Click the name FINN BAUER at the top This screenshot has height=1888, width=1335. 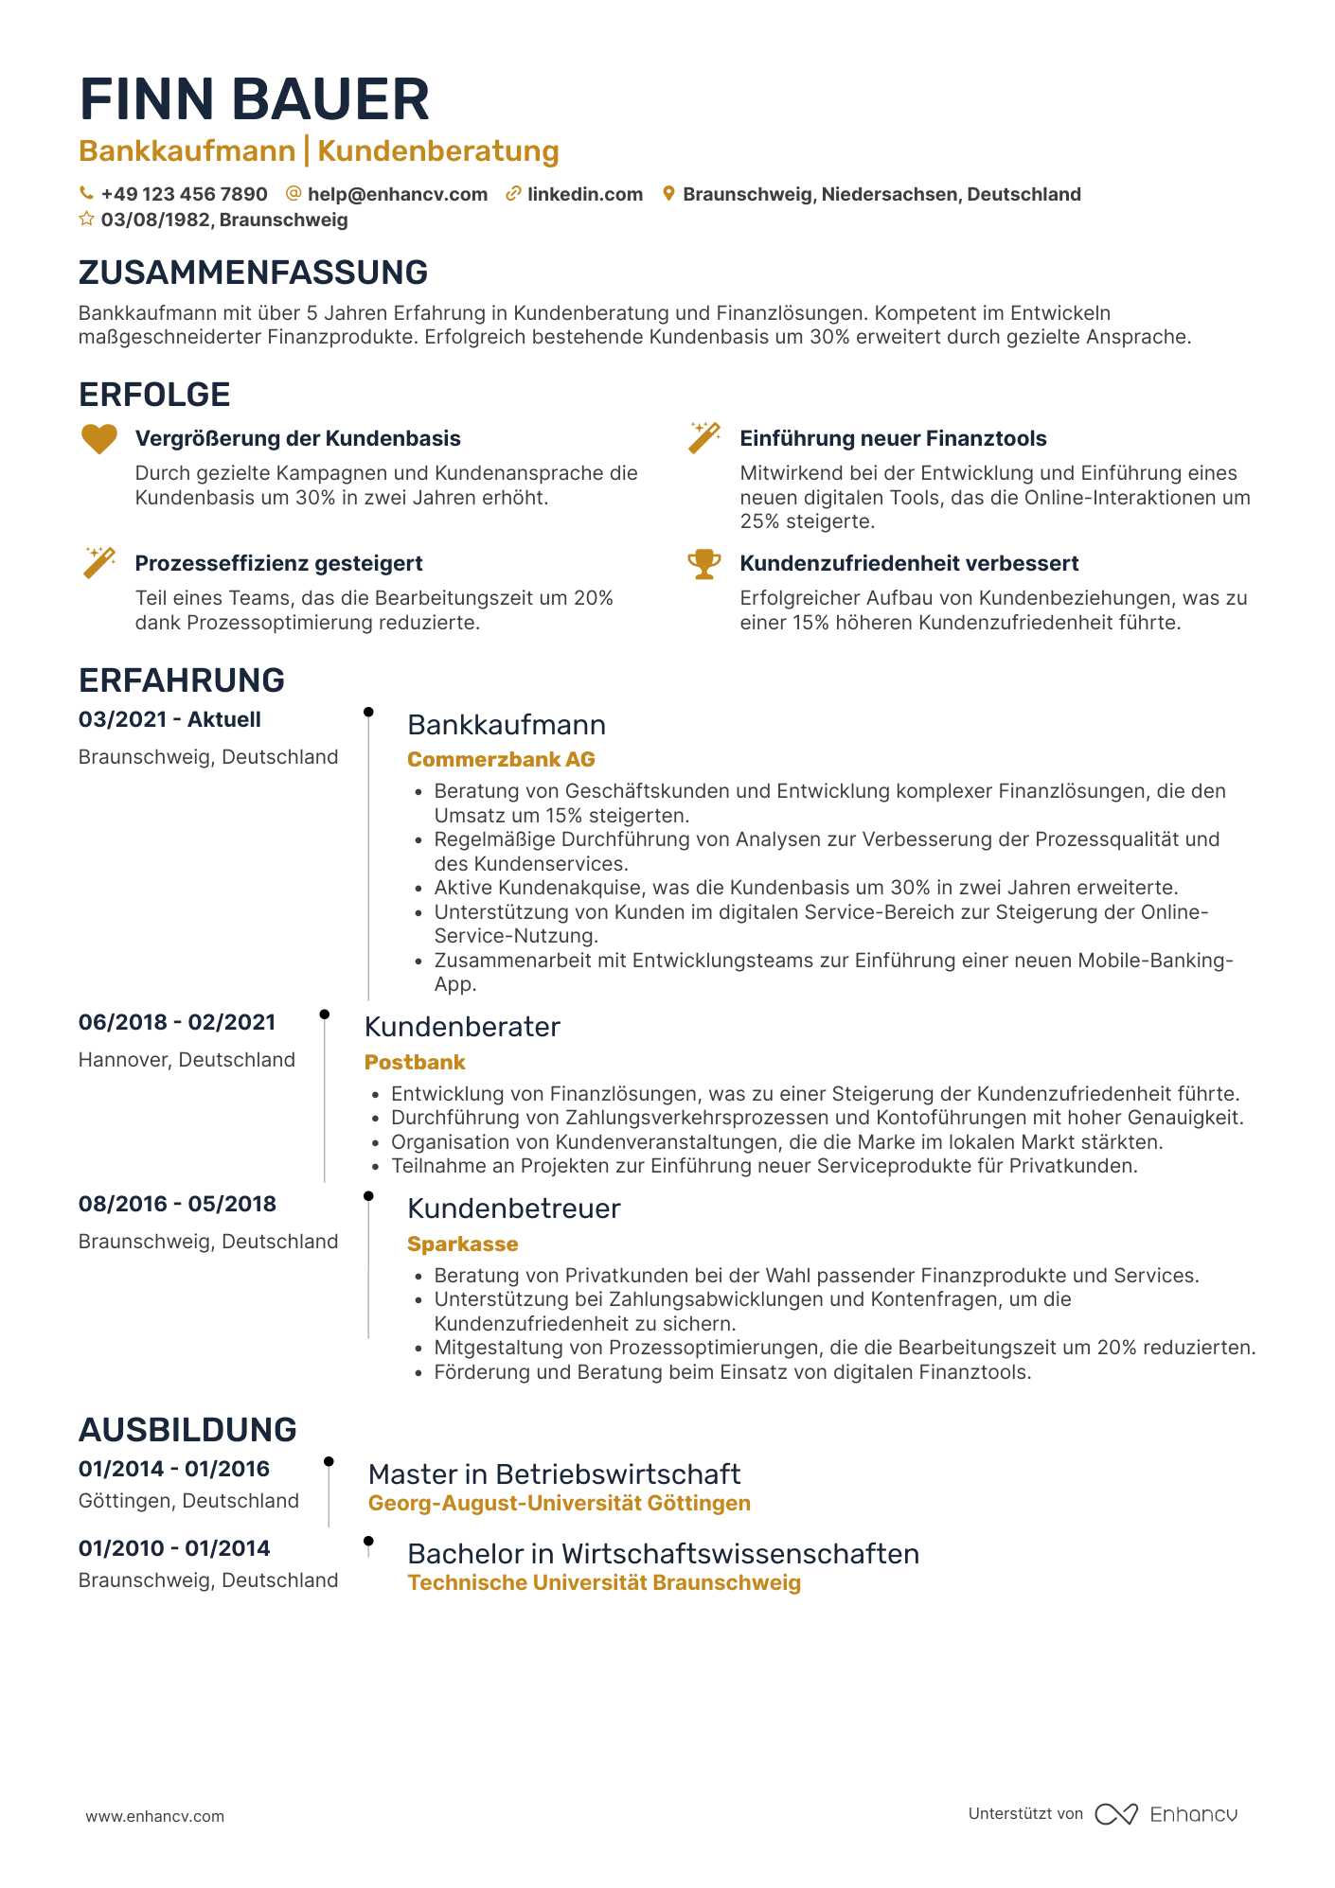[254, 99]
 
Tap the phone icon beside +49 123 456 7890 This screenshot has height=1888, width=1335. [86, 194]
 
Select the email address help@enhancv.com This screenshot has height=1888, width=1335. [398, 194]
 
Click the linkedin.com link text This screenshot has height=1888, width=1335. [584, 194]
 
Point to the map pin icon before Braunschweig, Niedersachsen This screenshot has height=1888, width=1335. [668, 194]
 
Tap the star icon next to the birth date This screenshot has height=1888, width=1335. [86, 220]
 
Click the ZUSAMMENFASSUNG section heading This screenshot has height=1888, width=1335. [253, 273]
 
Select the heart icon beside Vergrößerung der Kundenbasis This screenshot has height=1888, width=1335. [98, 439]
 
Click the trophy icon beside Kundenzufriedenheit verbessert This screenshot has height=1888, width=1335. [703, 564]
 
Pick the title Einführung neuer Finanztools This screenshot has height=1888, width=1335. [893, 439]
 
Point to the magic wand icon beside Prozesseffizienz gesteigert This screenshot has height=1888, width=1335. [98, 562]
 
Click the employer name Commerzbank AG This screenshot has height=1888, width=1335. [501, 759]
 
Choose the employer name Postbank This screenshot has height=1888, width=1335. [415, 1062]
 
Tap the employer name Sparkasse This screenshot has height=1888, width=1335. [463, 1244]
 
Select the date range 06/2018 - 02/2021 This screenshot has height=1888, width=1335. [177, 1022]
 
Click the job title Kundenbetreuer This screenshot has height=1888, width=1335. [513, 1209]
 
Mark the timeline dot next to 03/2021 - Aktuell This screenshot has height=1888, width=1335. [368, 712]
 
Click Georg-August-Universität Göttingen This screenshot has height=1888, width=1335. [559, 1503]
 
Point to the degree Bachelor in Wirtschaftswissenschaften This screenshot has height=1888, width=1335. [663, 1554]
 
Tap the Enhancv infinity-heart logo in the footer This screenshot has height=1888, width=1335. [1116, 1814]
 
